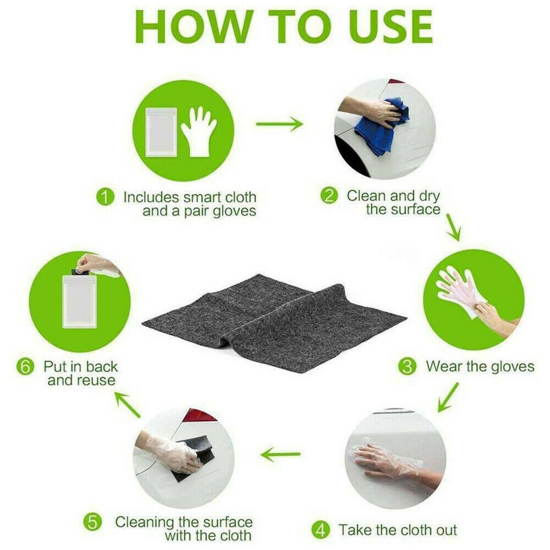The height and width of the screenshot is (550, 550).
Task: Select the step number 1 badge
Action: click(x=105, y=197)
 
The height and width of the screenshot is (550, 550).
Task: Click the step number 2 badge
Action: click(x=329, y=195)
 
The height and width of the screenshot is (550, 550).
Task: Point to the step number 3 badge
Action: click(x=407, y=366)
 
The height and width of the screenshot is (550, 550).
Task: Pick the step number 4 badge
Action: click(x=321, y=530)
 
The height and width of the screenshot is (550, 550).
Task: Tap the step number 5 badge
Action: click(x=92, y=523)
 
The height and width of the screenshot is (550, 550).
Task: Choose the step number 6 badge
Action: click(x=26, y=367)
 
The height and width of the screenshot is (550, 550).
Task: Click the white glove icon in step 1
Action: click(x=199, y=131)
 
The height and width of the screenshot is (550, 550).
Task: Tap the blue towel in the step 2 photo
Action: click(x=381, y=127)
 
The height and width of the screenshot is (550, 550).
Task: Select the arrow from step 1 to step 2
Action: click(x=279, y=123)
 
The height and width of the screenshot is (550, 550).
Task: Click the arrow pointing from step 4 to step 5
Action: click(x=280, y=454)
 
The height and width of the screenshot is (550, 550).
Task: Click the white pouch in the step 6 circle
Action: click(x=79, y=301)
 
